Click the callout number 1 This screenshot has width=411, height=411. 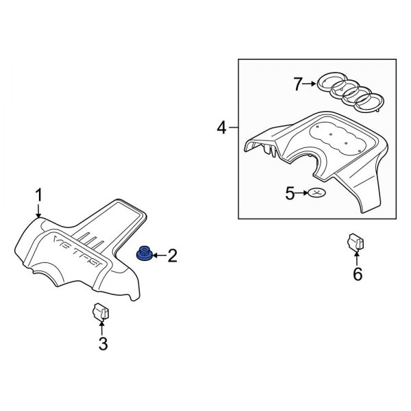point(39,195)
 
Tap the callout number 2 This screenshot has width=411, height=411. point(172,256)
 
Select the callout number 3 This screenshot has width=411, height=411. point(103,344)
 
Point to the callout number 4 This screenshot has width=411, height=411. point(221,127)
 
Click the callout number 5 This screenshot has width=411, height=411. point(290,193)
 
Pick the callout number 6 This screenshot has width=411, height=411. point(358,274)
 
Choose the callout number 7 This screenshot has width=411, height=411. point(298,84)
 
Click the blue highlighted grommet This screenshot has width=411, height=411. point(144,253)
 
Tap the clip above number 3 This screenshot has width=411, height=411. point(101,312)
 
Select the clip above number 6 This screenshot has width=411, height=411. point(356,241)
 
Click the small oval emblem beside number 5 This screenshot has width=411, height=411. point(316,193)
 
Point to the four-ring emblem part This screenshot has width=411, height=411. point(350,92)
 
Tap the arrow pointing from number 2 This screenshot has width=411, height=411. point(160,255)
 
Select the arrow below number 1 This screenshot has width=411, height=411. point(39,211)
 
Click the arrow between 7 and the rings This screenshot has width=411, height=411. point(310,84)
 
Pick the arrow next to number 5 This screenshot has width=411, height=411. point(301,193)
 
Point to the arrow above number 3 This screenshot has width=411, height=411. point(102,328)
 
